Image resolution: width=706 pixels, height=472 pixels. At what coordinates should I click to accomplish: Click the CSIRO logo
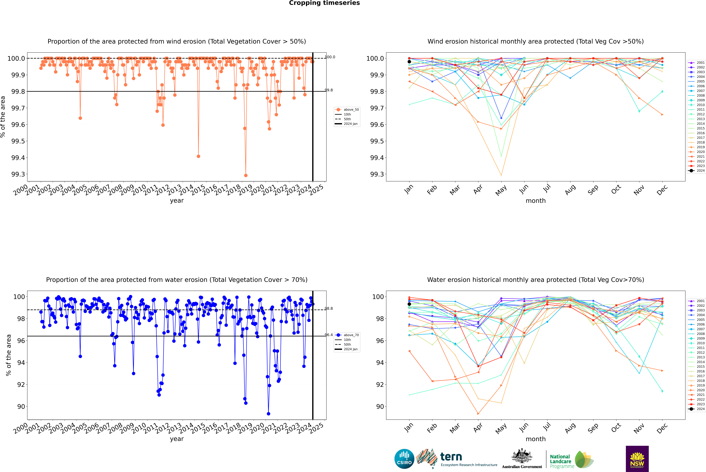(404, 459)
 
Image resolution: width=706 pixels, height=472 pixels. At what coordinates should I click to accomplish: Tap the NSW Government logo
(637, 459)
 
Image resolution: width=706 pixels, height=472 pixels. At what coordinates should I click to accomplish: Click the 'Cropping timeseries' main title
(324, 3)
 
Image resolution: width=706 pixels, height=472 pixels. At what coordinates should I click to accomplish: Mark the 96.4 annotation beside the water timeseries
(329, 335)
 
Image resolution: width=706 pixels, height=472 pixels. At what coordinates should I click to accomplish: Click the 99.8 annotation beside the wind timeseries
(329, 90)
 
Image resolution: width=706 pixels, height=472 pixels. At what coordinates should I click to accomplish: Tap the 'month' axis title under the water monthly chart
(535, 439)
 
